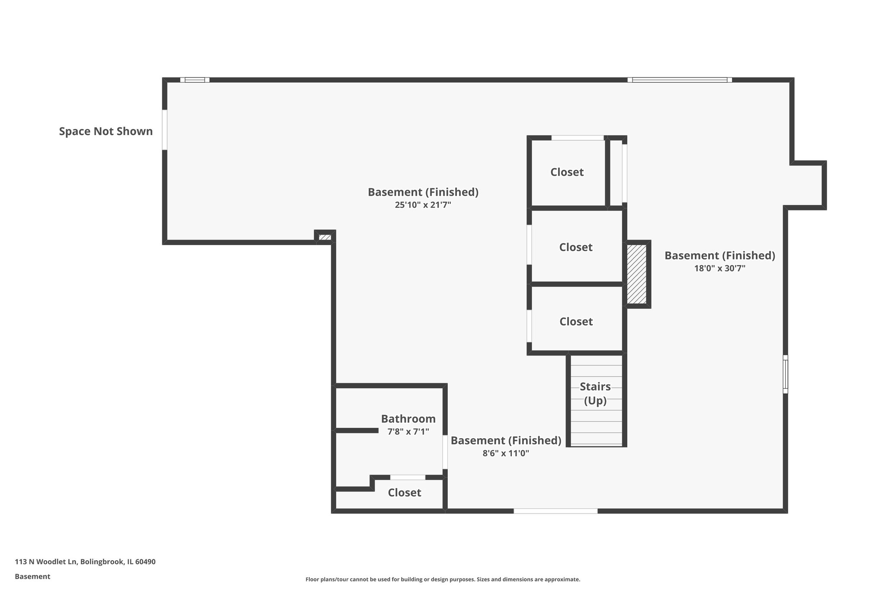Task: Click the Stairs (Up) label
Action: coord(595,393)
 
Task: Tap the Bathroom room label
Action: coord(408,419)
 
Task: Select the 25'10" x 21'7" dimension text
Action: coord(423,205)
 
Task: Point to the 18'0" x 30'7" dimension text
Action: coord(719,268)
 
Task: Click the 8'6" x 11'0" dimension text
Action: coord(506,453)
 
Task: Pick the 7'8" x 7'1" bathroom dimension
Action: coord(408,432)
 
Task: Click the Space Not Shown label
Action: coord(106,131)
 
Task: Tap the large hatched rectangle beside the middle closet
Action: coord(637,274)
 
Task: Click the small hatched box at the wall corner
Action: coord(324,237)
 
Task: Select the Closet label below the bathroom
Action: coord(404,492)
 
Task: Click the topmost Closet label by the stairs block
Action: coord(567,172)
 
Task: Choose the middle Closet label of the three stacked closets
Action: coord(575,247)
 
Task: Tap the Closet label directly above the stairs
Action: coord(575,321)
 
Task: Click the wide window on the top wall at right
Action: coord(680,80)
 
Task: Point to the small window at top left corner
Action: coord(195,80)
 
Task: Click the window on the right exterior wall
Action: coord(785,374)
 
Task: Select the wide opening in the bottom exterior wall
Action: coord(555,511)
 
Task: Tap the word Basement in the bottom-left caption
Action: coord(32,576)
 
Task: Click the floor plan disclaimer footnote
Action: coord(443,579)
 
